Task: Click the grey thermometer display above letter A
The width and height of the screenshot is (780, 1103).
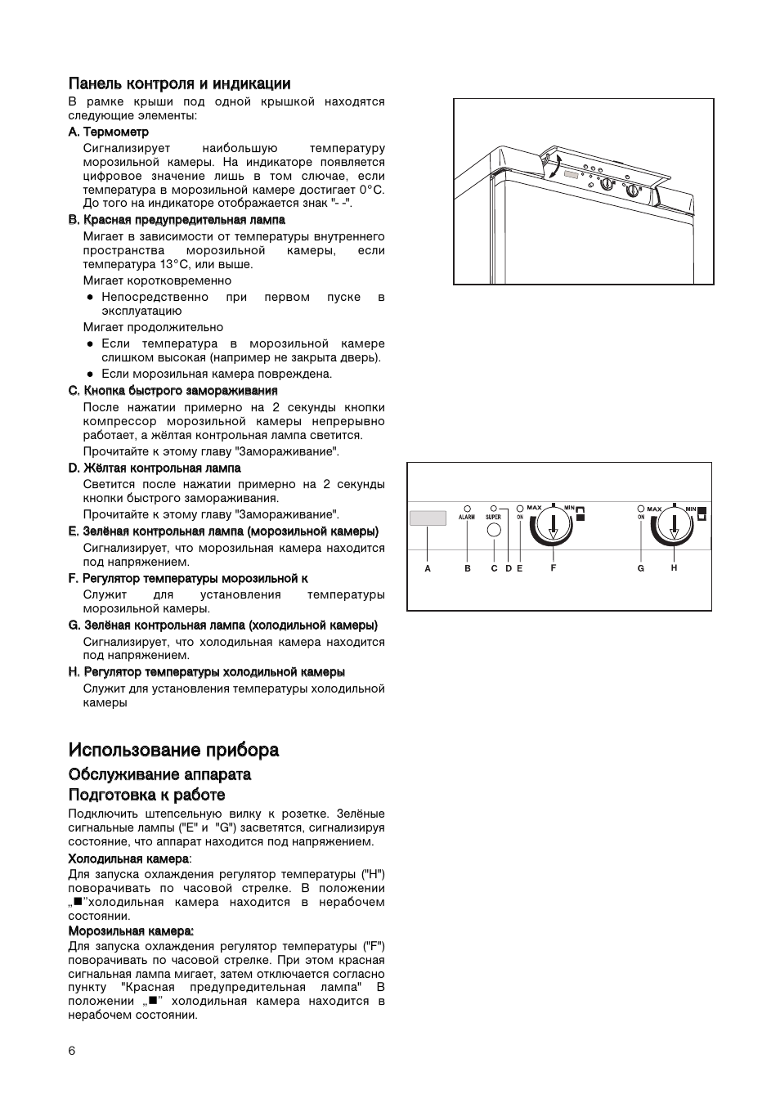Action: point(428,518)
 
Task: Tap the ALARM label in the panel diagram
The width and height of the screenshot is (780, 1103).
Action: point(467,518)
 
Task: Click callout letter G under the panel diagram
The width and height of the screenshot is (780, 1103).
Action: point(641,568)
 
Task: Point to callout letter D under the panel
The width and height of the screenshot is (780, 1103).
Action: point(508,568)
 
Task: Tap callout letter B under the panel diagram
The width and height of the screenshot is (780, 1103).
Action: point(468,568)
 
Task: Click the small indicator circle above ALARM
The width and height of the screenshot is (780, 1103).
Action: point(468,508)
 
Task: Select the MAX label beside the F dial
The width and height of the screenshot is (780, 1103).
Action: point(534,509)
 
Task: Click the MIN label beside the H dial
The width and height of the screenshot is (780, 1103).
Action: point(691,509)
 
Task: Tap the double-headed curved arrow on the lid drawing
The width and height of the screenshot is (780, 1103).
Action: point(555,166)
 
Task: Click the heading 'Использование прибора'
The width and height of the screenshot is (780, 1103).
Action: point(173,750)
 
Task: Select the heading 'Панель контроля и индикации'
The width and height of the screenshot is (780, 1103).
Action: point(179,83)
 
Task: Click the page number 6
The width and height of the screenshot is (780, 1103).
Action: point(72,1051)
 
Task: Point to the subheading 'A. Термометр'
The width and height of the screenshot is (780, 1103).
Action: point(109,132)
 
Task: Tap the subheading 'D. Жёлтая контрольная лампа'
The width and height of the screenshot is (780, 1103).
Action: point(155,469)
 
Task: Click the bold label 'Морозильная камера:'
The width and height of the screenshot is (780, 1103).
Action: point(131,930)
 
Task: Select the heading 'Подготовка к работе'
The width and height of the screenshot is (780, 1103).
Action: point(146,795)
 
